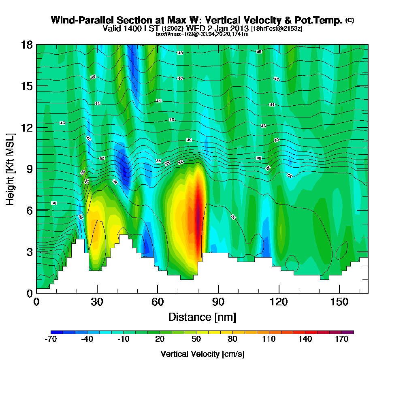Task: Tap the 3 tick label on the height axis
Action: click(29, 252)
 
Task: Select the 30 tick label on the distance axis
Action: click(97, 302)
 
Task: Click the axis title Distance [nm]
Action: click(202, 316)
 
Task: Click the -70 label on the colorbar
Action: click(51, 339)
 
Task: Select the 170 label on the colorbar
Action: click(341, 339)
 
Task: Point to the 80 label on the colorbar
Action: click(232, 339)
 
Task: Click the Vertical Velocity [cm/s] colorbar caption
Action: click(202, 354)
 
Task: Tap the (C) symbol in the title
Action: click(350, 20)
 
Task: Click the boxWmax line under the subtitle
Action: click(202, 34)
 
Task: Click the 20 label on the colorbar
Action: click(160, 339)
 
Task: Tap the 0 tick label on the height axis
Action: click(29, 293)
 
